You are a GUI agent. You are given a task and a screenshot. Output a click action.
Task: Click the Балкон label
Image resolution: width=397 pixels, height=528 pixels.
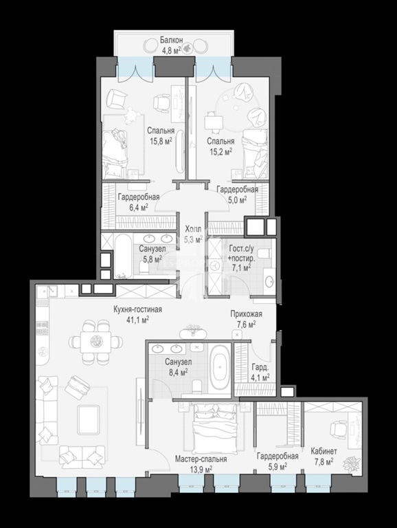(x=171, y=40)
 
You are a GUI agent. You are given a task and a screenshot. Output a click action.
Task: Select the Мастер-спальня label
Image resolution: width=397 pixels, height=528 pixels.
(x=201, y=459)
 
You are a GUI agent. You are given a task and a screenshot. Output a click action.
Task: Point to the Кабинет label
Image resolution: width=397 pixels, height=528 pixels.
(x=324, y=451)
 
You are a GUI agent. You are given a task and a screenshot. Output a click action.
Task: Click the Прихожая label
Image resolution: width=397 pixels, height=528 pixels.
(x=247, y=313)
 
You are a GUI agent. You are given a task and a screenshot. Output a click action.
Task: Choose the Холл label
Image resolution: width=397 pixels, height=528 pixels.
(x=193, y=230)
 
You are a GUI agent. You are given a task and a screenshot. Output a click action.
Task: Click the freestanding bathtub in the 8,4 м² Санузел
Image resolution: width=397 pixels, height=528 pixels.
(x=220, y=368)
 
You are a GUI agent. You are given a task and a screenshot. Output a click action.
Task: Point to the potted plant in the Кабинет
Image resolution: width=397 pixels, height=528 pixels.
(x=351, y=463)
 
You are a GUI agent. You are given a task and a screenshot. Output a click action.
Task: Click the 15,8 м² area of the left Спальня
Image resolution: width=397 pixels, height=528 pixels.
(x=161, y=140)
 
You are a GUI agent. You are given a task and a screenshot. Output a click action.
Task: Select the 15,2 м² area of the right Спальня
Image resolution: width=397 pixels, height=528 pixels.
(x=220, y=151)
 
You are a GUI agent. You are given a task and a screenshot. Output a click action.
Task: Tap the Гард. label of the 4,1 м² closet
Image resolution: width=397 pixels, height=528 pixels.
(x=260, y=367)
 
